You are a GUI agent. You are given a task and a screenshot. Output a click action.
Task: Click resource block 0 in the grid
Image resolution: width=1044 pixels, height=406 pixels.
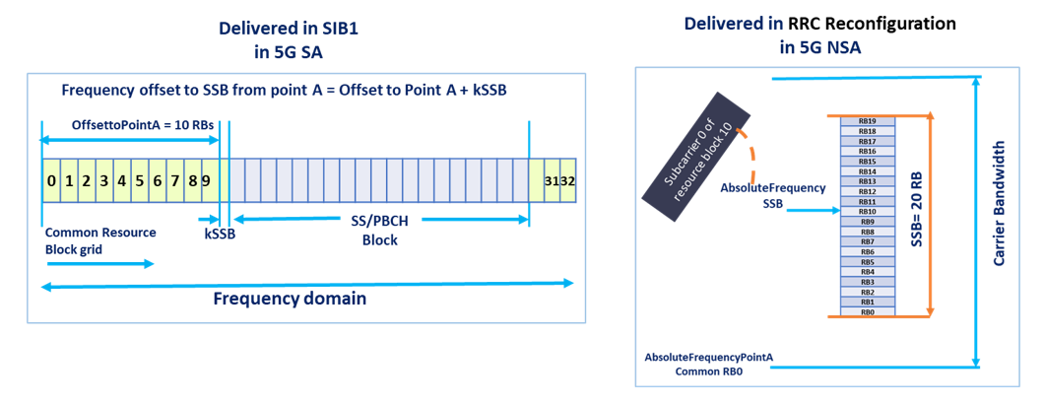50,181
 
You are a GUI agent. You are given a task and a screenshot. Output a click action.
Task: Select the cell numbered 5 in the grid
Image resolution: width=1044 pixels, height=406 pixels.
139,181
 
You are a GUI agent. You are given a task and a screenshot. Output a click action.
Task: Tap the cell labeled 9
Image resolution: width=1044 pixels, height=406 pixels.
206,181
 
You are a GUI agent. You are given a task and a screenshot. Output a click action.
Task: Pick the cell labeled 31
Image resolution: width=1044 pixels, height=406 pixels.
552,181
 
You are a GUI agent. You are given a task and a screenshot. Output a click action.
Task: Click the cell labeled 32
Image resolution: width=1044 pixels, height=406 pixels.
568,181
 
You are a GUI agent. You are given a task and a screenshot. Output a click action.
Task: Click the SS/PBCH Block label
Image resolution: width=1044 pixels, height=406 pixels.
378,232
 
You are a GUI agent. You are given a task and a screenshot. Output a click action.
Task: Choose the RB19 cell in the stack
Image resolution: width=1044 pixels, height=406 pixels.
868,120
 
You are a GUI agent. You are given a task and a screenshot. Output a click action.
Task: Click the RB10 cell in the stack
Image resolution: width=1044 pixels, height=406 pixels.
868,211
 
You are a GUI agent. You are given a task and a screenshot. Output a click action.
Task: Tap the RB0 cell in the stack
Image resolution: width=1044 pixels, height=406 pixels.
868,312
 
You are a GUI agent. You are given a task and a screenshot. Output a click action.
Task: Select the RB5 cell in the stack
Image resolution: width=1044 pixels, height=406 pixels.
868,262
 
